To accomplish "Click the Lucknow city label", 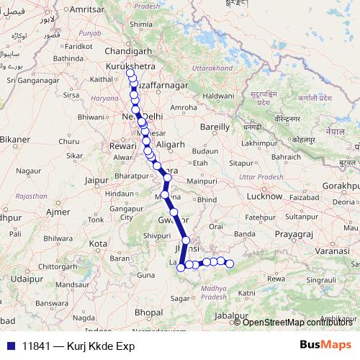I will point(264,195).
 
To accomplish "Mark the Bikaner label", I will point(14,139).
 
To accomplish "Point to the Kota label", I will point(98,243).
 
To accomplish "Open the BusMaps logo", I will point(325,345).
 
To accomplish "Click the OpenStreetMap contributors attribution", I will point(297,322).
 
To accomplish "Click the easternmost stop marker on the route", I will point(230,264).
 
